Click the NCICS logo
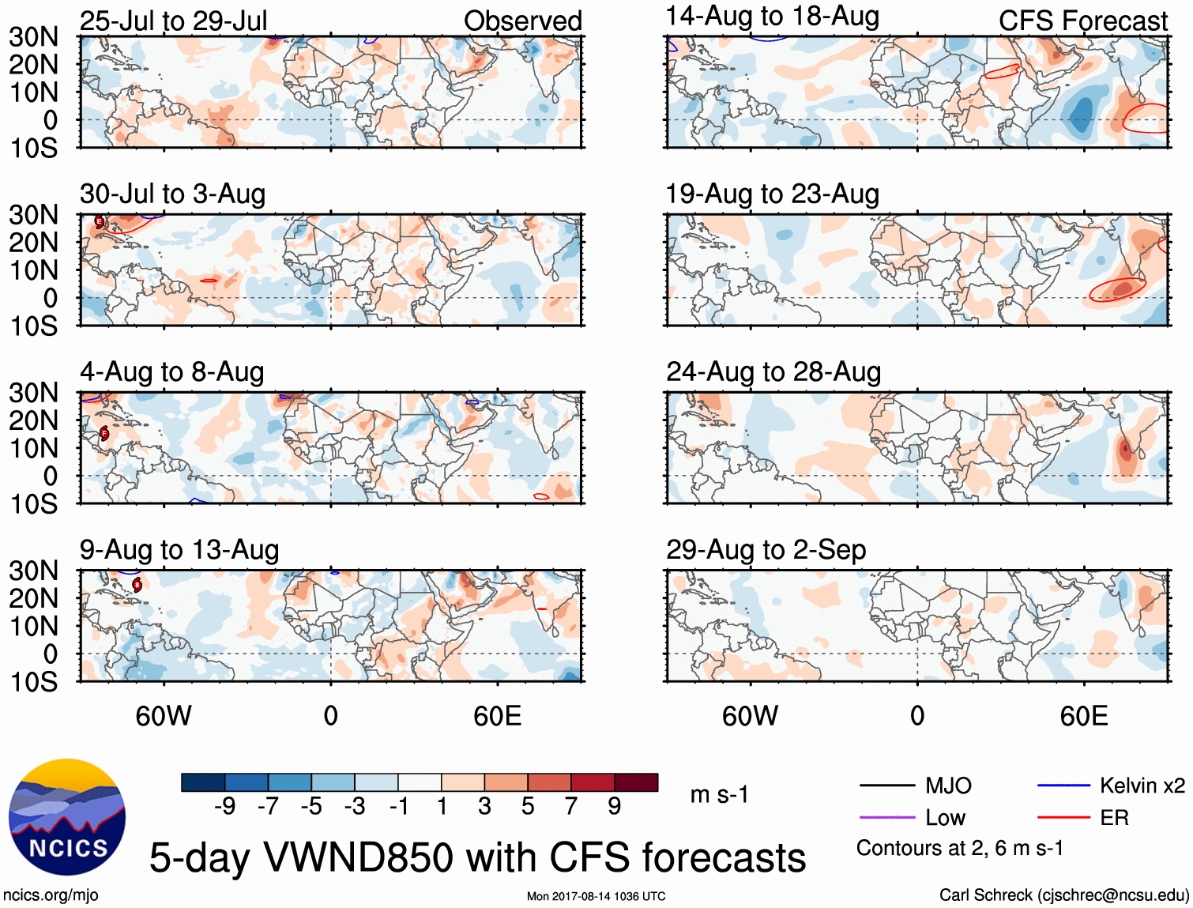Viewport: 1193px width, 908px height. (66, 816)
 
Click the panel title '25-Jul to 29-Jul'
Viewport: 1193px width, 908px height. (173, 21)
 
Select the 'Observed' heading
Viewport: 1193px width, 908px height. (522, 21)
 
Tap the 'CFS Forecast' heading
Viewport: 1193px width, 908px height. (1082, 21)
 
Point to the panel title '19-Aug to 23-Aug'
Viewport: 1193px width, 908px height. (772, 194)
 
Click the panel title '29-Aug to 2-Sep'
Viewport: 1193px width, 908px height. (766, 549)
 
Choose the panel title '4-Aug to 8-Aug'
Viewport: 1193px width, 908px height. (171, 371)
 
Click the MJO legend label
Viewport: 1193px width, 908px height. (948, 786)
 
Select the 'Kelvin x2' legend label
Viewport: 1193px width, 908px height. (1142, 786)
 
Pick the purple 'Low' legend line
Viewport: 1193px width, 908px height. (886, 817)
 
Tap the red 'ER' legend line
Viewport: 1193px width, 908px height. (1063, 817)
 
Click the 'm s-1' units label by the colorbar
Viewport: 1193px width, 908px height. (719, 794)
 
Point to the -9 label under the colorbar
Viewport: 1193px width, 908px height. (225, 806)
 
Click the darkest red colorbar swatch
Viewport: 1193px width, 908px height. (636, 782)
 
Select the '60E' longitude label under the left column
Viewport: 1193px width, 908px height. (497, 716)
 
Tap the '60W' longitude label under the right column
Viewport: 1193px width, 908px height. (750, 716)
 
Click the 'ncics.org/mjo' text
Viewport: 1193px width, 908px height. (51, 895)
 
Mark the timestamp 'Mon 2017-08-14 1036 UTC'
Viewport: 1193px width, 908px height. (596, 896)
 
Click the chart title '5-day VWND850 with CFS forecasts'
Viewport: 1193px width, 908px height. (477, 857)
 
